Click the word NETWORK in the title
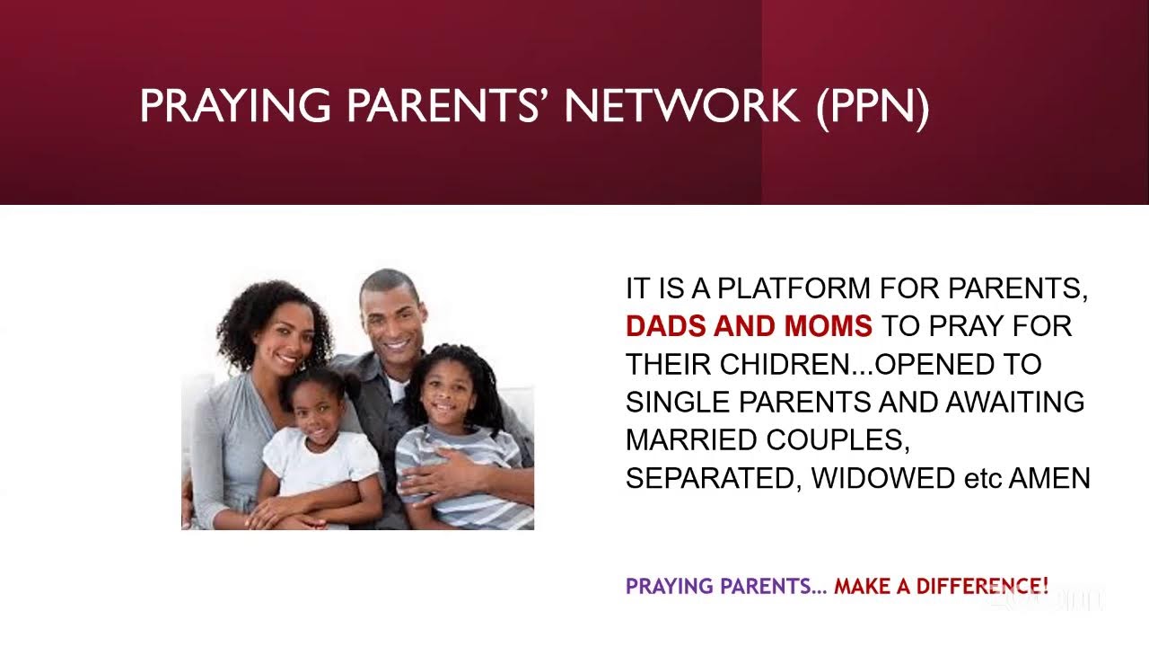point(681,106)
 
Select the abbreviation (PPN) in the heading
point(872,106)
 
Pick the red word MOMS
point(828,326)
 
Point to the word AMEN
point(1049,478)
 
